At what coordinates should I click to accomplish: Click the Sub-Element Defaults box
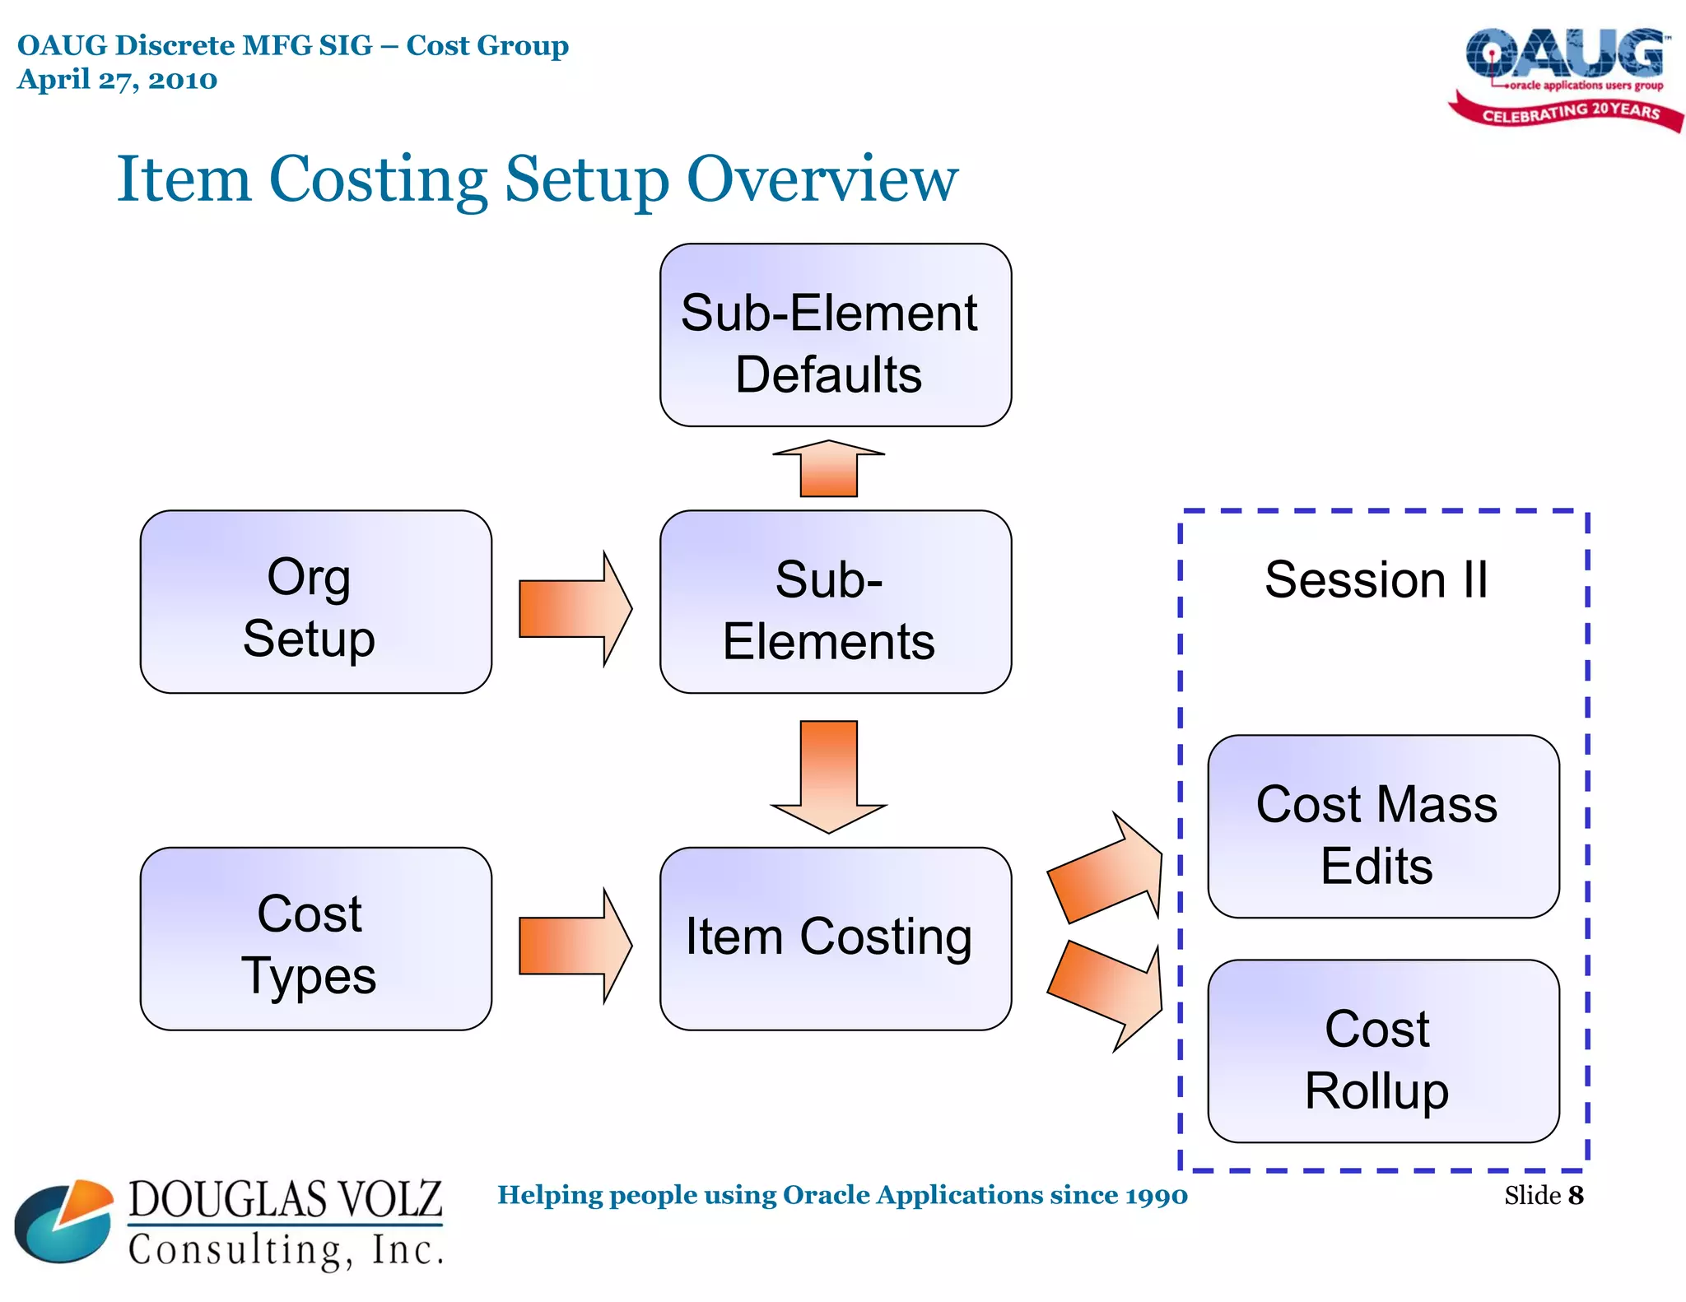835,335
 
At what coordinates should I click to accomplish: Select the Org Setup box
315,602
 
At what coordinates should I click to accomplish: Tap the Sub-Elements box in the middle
835,602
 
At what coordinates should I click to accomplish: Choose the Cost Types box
315,938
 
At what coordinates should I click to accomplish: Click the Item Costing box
835,938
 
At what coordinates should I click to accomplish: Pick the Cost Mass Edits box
1382,826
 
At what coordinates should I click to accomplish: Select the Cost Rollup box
1382,1051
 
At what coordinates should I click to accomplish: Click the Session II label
1376,579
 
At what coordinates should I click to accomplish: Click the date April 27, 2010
117,80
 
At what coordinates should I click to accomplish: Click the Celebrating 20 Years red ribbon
1568,113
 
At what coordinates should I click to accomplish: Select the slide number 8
1575,1195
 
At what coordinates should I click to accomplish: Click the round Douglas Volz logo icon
64,1221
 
